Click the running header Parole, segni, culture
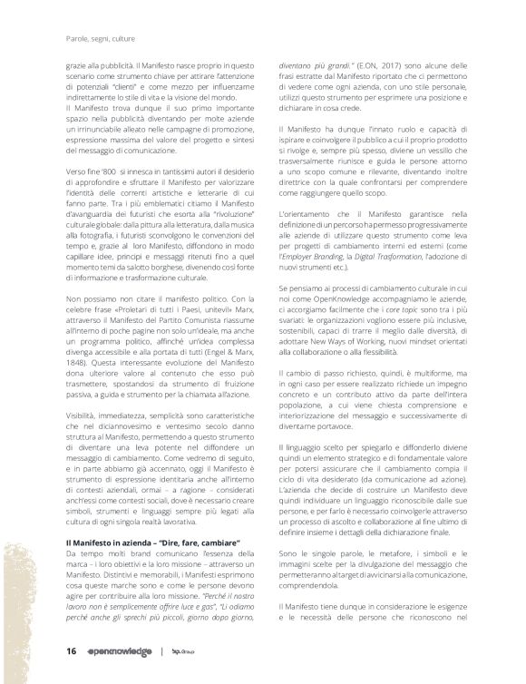[97, 39]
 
